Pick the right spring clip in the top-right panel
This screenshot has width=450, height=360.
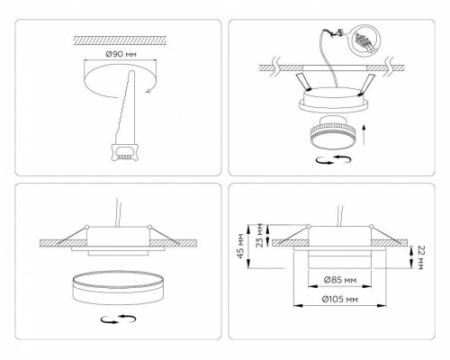coord(367,85)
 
